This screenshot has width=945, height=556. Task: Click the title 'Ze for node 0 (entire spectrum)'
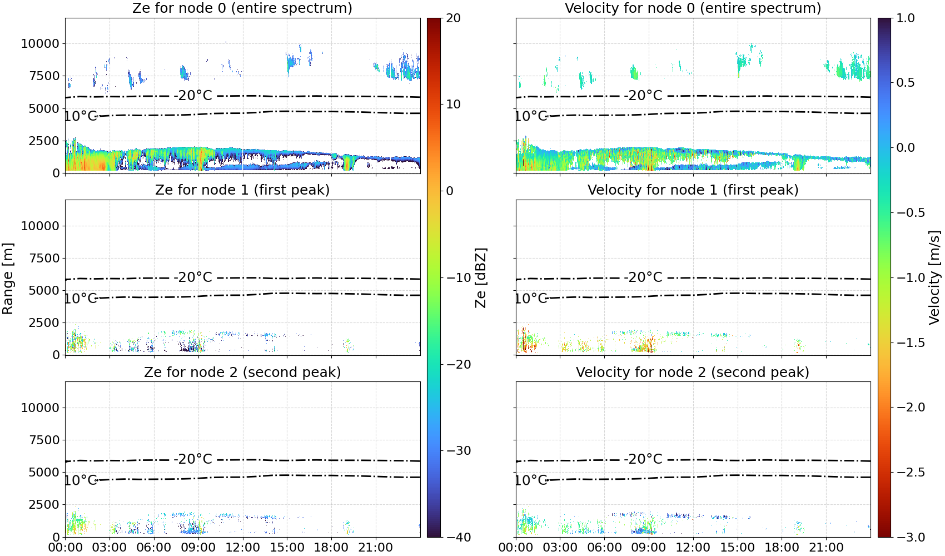click(x=242, y=8)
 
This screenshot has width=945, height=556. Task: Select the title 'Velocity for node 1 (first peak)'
click(x=693, y=190)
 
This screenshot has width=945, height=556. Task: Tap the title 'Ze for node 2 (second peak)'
click(x=242, y=372)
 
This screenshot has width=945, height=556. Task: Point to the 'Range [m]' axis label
click(x=8, y=279)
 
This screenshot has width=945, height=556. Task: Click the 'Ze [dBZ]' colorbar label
click(x=480, y=277)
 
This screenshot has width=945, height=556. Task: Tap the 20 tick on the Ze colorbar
click(x=454, y=18)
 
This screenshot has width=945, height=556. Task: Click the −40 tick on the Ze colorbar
click(x=458, y=537)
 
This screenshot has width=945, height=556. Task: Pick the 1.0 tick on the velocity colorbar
click(x=906, y=18)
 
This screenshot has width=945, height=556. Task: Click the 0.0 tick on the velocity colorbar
click(x=906, y=148)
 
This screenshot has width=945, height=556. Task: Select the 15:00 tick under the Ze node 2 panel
click(x=287, y=548)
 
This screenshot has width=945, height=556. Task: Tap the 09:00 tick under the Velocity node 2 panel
click(x=648, y=548)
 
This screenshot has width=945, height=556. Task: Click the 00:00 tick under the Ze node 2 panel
click(x=66, y=548)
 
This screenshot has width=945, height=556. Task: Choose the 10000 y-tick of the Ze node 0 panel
click(x=40, y=43)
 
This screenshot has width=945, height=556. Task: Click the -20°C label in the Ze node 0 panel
click(x=193, y=95)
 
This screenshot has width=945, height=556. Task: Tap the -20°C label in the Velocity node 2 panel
click(x=643, y=459)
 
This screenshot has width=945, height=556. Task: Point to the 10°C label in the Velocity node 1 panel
click(x=531, y=298)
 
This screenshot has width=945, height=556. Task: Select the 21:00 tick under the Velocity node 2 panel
click(x=826, y=548)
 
